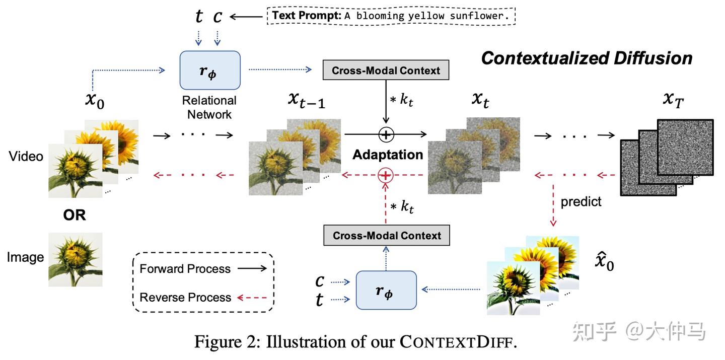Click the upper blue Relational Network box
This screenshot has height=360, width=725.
coord(210,70)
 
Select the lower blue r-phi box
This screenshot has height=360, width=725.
coord(386,290)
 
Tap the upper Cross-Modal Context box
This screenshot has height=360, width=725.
coord(386,70)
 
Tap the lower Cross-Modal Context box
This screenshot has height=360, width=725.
coord(386,235)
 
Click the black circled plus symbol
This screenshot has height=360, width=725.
coord(386,134)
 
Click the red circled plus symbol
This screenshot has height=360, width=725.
coord(386,175)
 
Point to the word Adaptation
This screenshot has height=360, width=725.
coord(387,155)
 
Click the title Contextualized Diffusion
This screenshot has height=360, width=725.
coord(587,58)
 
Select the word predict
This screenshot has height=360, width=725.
coord(581,201)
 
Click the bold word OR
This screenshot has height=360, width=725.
coord(75,215)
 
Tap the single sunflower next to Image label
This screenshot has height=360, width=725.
coord(76,259)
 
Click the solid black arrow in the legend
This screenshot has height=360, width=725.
coord(252,268)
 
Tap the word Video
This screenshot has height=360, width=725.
coord(26,157)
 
